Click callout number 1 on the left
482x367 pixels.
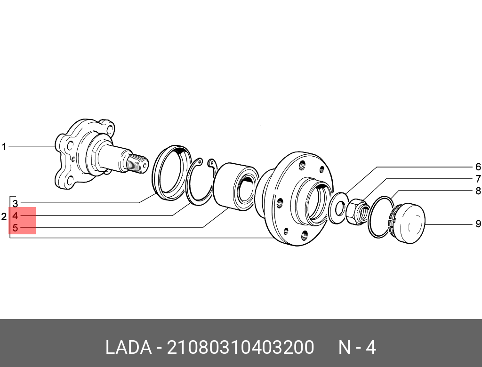click(4, 147)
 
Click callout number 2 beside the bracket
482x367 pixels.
click(4, 217)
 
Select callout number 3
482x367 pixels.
click(15, 203)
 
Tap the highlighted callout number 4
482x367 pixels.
click(15, 216)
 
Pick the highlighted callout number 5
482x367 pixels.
click(15, 228)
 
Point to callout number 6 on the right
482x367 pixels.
click(478, 167)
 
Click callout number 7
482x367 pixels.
click(478, 179)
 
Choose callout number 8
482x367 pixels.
click(478, 191)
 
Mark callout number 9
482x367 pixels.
click(478, 224)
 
